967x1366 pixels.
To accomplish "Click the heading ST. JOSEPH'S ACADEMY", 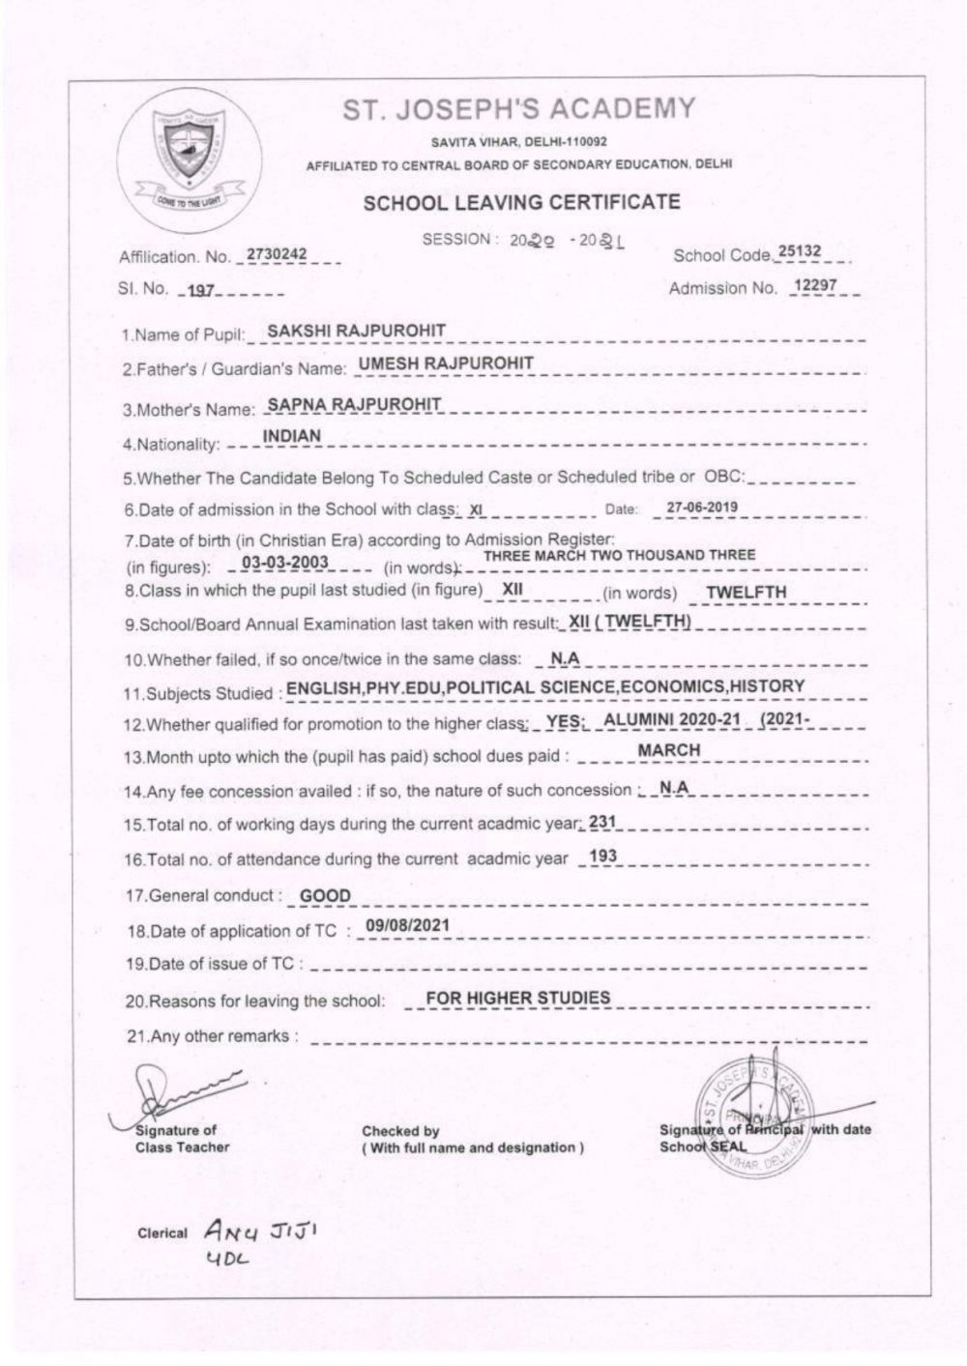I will [519, 109].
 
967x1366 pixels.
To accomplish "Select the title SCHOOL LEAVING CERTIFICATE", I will [521, 203].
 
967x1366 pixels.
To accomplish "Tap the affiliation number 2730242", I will [277, 254].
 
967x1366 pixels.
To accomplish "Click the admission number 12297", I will [813, 286].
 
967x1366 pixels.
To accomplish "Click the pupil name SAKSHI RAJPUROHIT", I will [356, 331].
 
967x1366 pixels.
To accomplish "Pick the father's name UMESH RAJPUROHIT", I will [446, 363].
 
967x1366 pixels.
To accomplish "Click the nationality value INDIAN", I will [292, 437].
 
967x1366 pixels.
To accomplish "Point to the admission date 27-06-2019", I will [703, 506].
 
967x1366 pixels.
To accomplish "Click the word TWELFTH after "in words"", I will [747, 593].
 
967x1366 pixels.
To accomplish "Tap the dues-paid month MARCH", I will [669, 750].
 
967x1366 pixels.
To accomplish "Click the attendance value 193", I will [602, 857].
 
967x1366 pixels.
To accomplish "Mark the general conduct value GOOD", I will [325, 896].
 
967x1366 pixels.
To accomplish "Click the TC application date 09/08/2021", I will [407, 926].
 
